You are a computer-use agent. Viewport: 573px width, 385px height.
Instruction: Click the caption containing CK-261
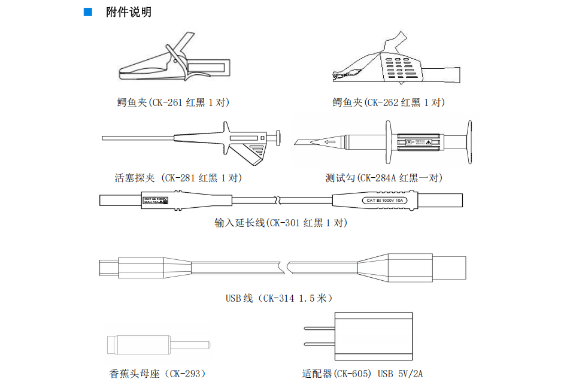(173, 102)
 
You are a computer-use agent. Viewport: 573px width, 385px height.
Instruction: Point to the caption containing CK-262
(389, 102)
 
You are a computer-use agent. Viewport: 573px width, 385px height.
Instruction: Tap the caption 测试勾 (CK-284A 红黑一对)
(384, 178)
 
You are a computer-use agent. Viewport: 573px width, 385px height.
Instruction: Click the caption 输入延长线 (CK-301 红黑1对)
(281, 223)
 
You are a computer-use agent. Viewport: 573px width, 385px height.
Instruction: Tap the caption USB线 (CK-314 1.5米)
(279, 298)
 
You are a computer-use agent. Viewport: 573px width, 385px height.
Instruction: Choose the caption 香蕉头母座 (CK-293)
(158, 374)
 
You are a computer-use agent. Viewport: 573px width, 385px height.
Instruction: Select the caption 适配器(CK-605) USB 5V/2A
(363, 374)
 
